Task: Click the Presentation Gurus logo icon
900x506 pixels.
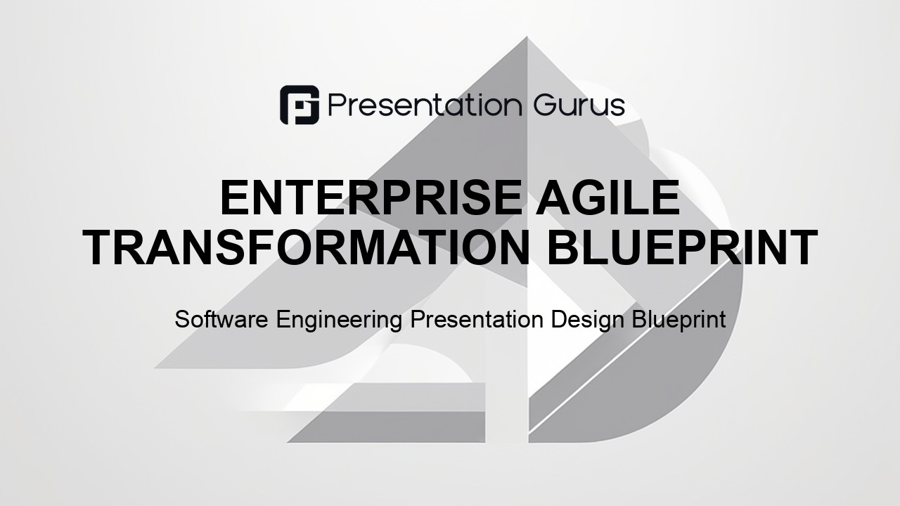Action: coord(300,105)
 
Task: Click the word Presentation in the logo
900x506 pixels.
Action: coord(425,105)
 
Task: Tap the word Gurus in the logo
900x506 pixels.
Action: coord(579,105)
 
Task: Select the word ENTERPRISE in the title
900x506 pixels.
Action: coord(371,198)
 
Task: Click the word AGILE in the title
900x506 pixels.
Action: coord(608,198)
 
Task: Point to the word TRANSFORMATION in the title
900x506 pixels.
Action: coord(307,247)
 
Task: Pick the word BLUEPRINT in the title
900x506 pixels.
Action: coord(682,247)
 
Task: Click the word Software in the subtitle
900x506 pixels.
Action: coord(221,319)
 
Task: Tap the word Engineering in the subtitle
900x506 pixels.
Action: coord(339,320)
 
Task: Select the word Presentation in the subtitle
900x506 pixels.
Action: coord(477,319)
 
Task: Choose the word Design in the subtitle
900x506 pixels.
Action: coord(587,320)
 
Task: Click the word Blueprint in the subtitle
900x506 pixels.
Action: coord(679,320)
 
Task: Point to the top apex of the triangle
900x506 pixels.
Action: coord(527,37)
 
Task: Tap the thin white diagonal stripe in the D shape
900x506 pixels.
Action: coord(635,346)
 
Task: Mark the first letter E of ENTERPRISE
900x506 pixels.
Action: coord(235,198)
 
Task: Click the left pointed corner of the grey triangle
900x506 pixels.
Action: coord(155,367)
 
